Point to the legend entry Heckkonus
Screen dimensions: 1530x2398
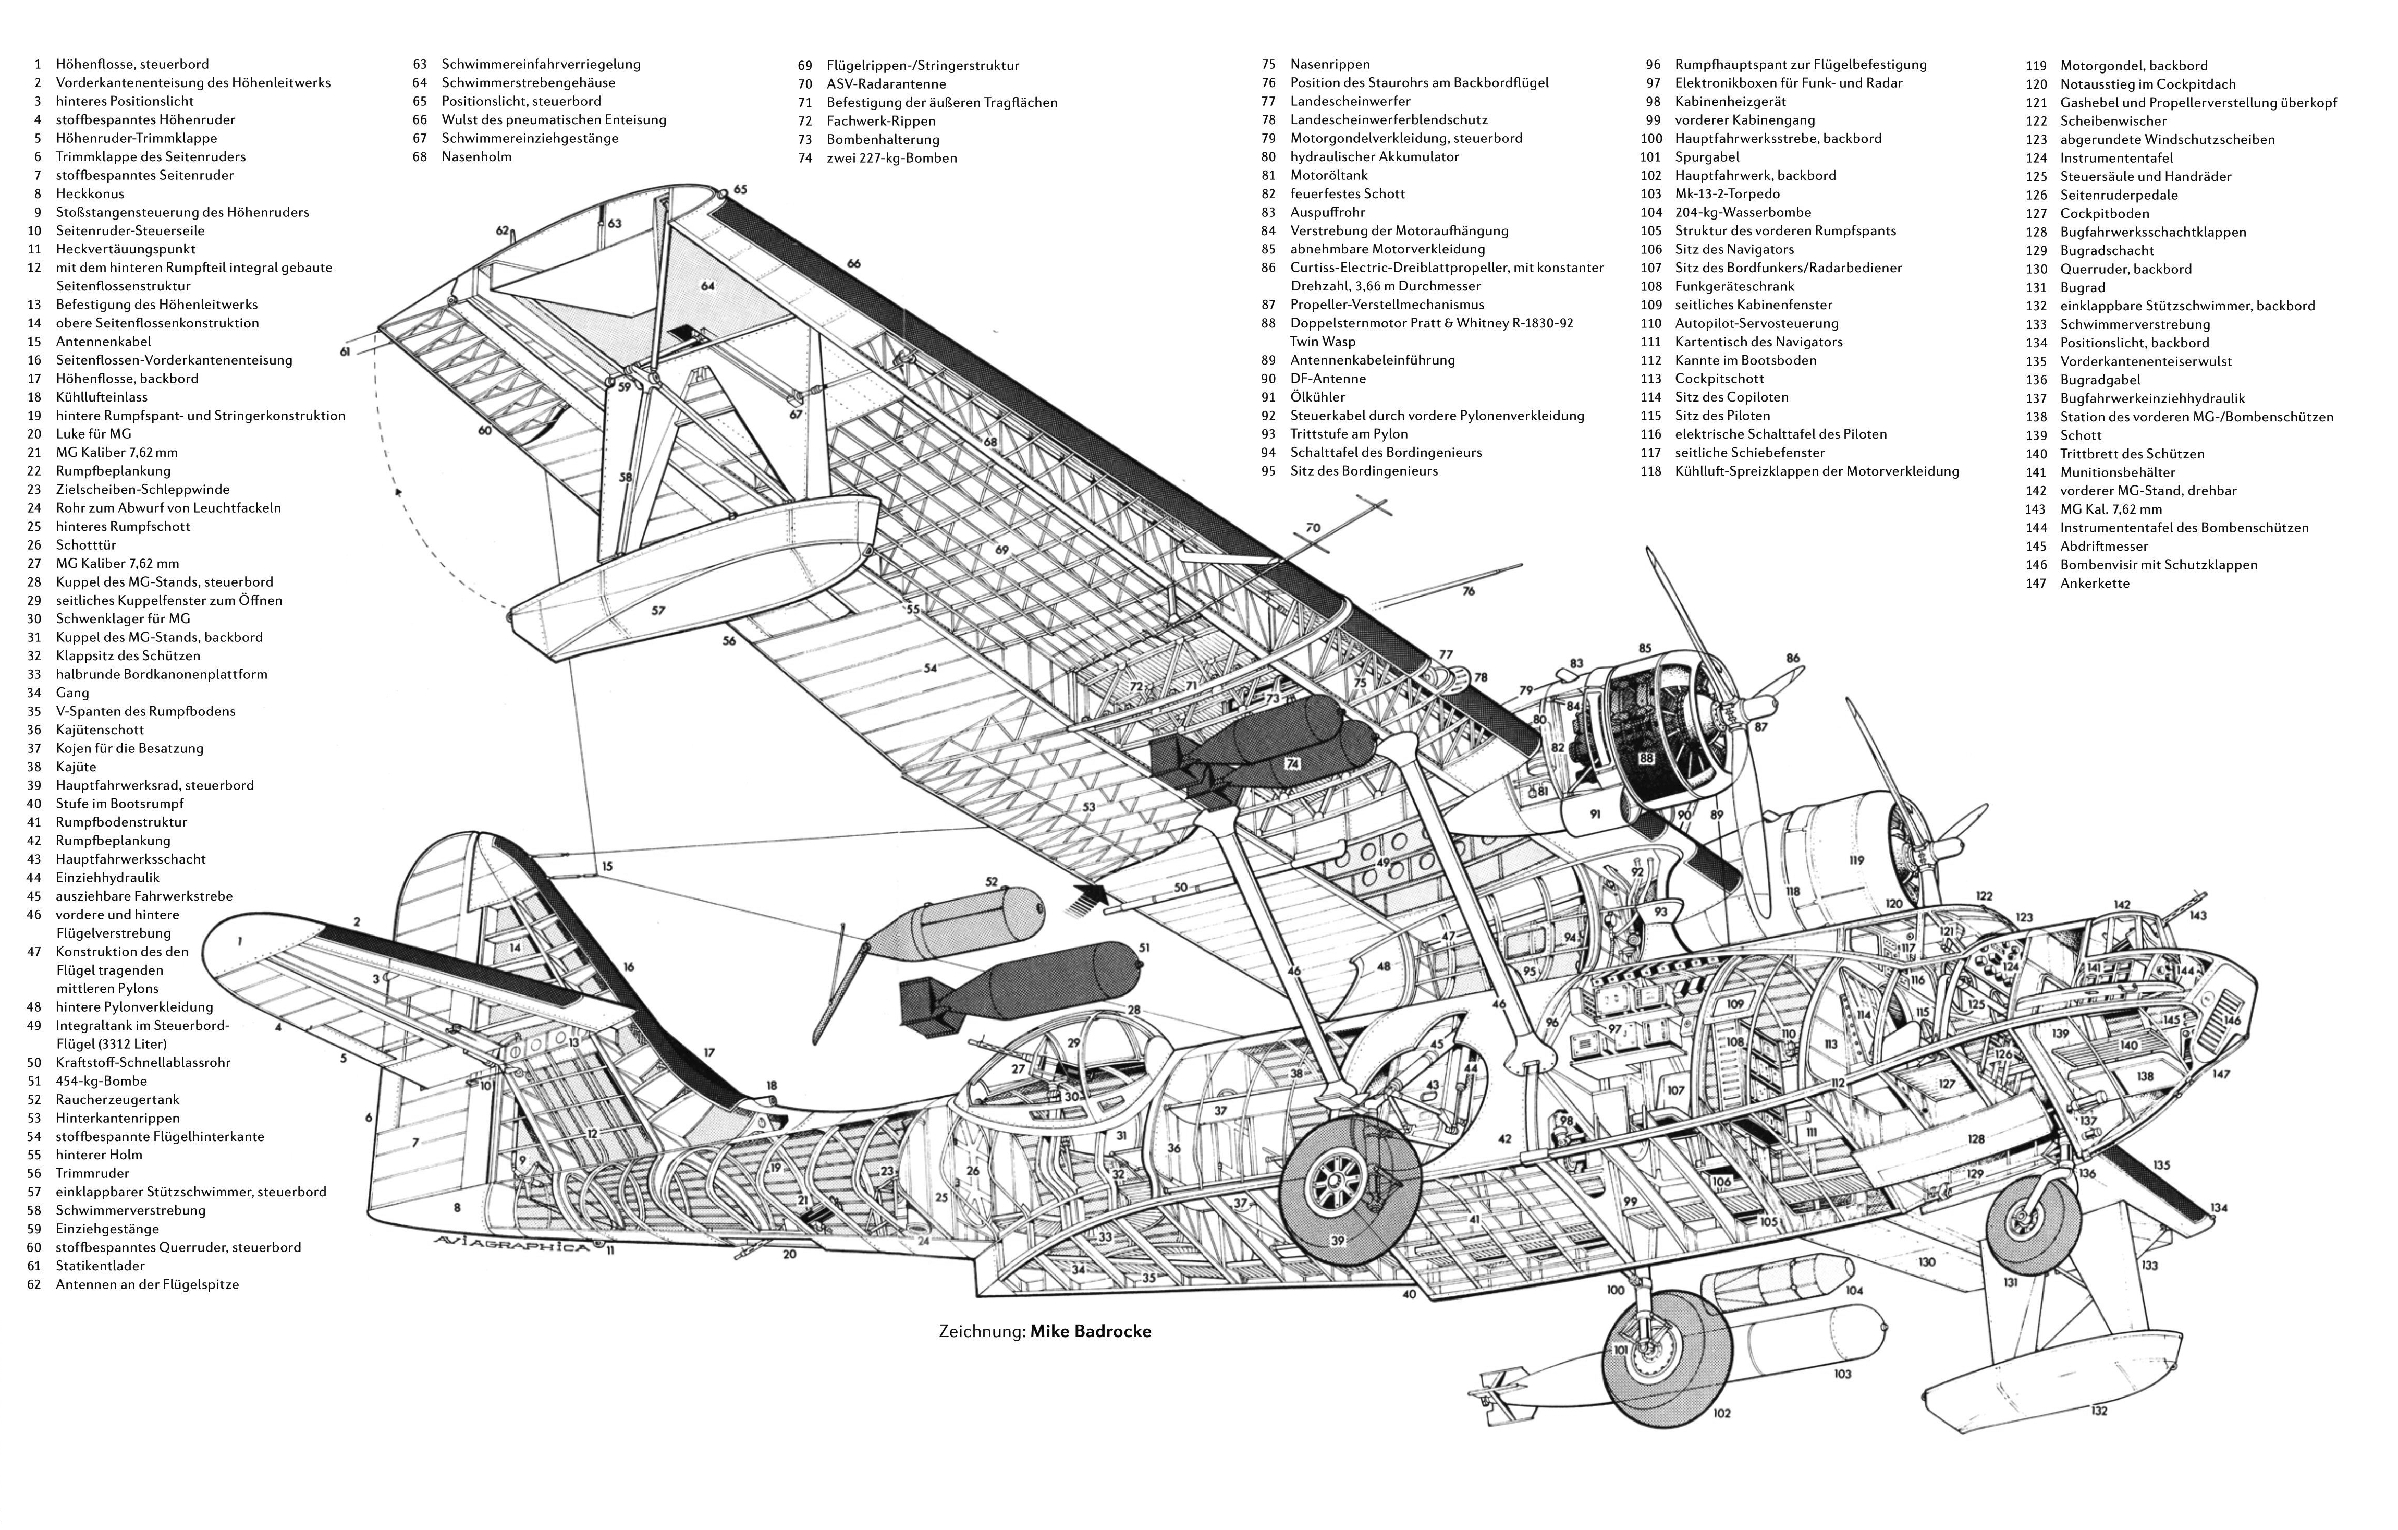pyautogui.click(x=90, y=194)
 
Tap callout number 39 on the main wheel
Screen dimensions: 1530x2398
pyautogui.click(x=1338, y=1240)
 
